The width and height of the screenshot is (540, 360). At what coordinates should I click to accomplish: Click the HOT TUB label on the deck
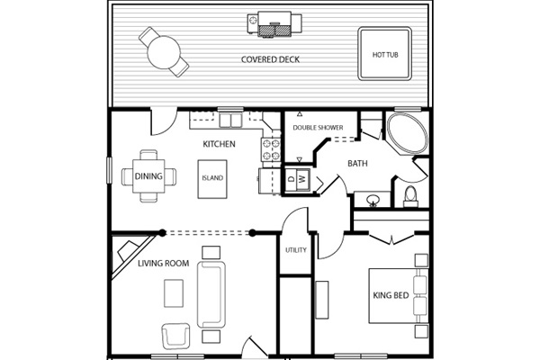[x=385, y=55]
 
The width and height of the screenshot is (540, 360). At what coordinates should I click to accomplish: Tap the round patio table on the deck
[x=164, y=52]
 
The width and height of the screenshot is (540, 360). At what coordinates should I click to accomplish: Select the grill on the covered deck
[x=274, y=23]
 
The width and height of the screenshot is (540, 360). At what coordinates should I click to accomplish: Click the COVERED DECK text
[x=270, y=59]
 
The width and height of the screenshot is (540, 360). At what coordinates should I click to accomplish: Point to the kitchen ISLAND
[x=212, y=179]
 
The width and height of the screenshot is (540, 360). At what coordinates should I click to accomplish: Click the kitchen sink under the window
[x=230, y=121]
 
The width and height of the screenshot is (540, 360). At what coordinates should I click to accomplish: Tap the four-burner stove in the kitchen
[x=271, y=149]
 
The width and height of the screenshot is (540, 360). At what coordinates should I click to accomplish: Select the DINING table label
[x=148, y=176]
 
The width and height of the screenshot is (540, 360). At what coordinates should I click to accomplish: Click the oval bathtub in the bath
[x=407, y=132]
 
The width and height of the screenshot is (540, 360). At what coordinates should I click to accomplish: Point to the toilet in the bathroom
[x=410, y=197]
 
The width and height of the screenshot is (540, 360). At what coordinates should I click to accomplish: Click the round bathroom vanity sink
[x=373, y=200]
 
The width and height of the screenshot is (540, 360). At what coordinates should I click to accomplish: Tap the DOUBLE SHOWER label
[x=318, y=128]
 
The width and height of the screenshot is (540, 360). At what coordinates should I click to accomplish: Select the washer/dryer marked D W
[x=297, y=178]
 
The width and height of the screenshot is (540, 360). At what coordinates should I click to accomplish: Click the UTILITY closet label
[x=296, y=250]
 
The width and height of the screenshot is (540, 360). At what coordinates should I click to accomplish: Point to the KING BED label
[x=391, y=295]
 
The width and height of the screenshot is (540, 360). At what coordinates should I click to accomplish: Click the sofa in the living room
[x=211, y=294]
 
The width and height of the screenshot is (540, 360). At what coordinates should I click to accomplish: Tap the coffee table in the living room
[x=174, y=293]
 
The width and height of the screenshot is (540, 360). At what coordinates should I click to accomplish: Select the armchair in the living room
[x=176, y=337]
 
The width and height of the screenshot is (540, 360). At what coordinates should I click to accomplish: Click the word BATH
[x=357, y=163]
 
